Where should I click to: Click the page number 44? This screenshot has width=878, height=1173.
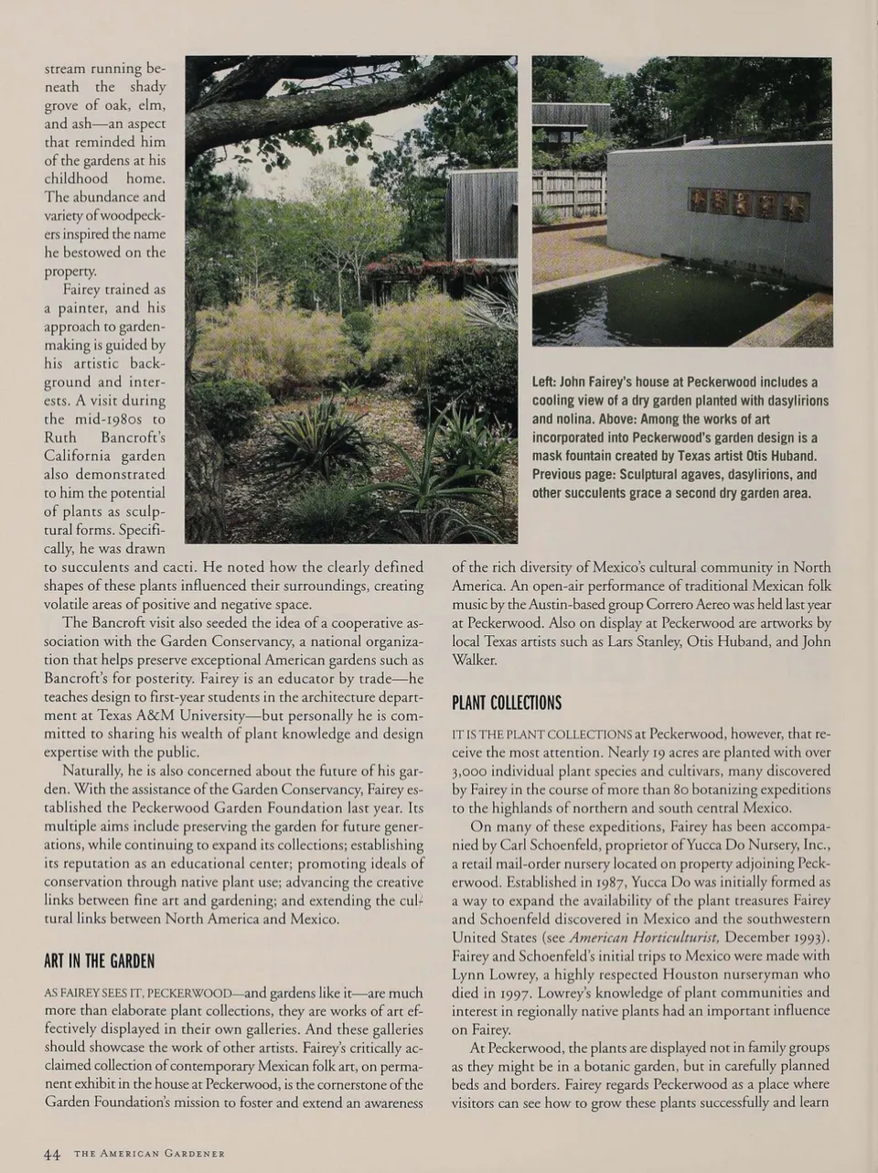pos(52,1154)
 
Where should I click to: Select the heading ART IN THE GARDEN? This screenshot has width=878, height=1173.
pos(99,962)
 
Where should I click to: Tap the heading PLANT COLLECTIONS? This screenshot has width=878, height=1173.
pos(507,703)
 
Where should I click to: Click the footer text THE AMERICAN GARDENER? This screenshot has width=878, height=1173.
pos(149,1154)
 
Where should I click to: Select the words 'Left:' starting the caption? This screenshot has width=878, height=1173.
pos(547,382)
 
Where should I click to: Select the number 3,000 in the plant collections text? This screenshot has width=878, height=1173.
pos(474,770)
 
